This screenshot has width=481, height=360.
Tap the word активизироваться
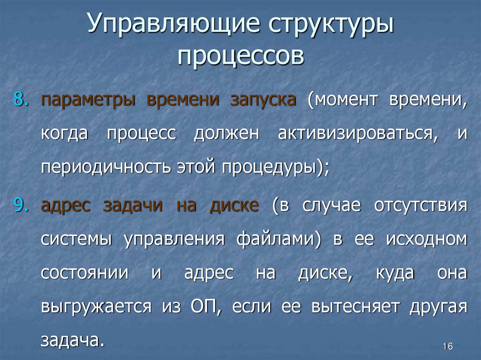[355, 134]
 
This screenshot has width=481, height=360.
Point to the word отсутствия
[420, 206]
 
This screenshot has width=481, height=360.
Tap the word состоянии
[84, 273]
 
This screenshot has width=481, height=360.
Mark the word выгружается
[96, 307]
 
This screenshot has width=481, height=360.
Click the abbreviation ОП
[203, 307]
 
